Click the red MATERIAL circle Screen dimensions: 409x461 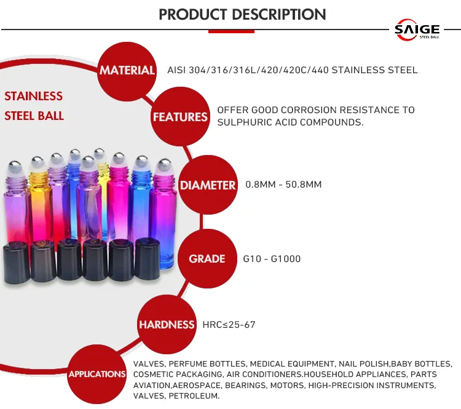[x=127, y=70]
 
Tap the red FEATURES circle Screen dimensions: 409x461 [x=180, y=116]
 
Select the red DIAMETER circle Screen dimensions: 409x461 [x=207, y=185]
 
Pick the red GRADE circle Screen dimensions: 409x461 [x=207, y=258]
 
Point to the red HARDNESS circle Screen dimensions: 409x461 [x=166, y=325]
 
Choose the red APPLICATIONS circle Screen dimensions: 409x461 [x=97, y=374]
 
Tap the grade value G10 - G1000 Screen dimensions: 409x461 [x=272, y=259]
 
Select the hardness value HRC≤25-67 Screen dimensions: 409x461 [x=229, y=325]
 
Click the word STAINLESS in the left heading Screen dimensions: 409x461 [x=34, y=96]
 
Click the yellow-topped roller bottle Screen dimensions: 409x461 [x=39, y=197]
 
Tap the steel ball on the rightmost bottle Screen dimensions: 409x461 [x=164, y=165]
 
